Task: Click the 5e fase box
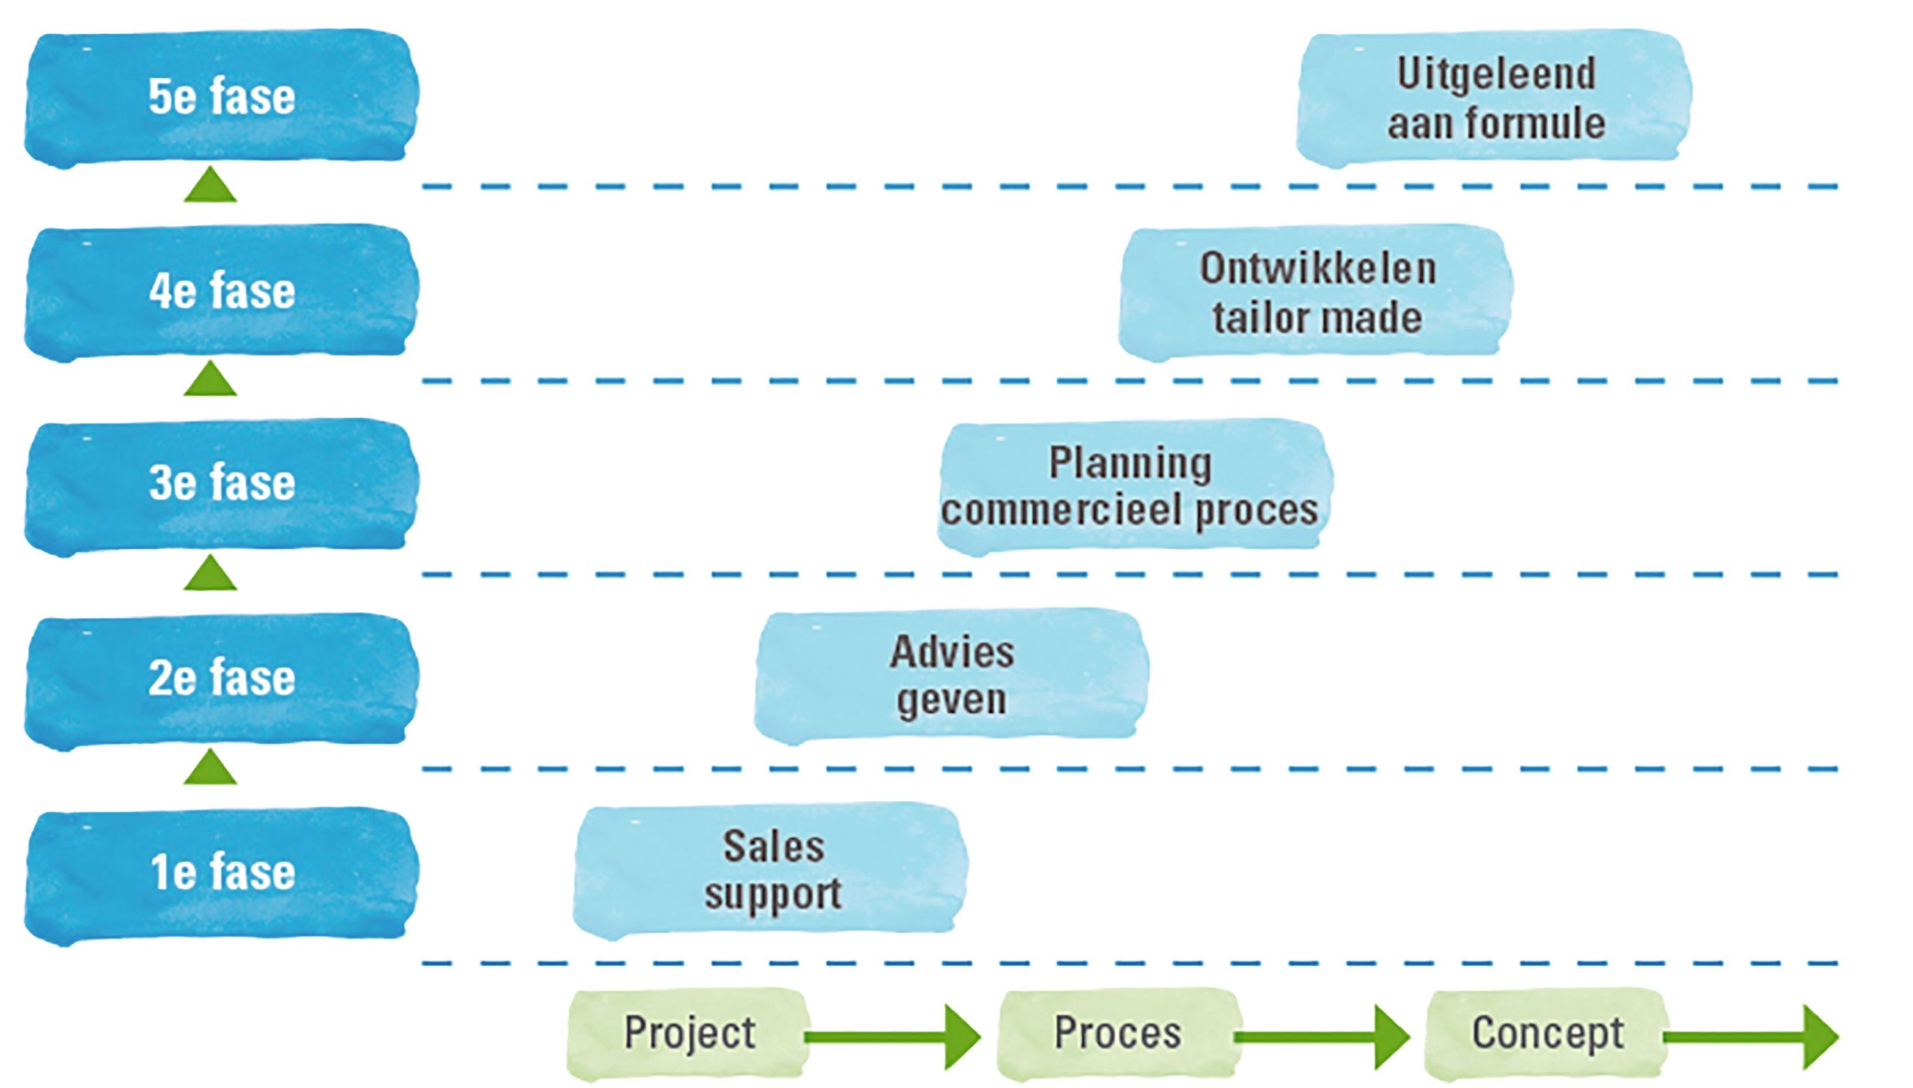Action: (221, 97)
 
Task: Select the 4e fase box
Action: (221, 291)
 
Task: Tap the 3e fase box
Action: (221, 484)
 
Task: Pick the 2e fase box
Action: (221, 679)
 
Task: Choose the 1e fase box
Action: (221, 873)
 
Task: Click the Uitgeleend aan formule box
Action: (1495, 97)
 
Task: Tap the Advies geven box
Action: (951, 676)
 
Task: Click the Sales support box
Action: (771, 870)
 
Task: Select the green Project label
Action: (689, 1034)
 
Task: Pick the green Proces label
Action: (1118, 1034)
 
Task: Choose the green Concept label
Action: (1547, 1034)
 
